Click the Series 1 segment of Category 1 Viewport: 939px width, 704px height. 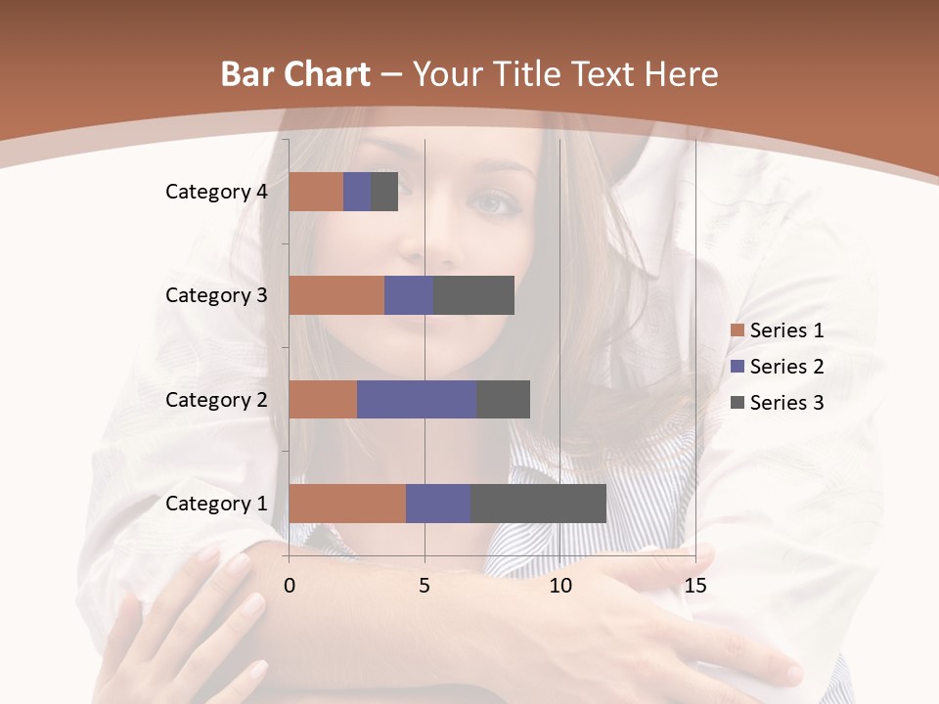point(347,504)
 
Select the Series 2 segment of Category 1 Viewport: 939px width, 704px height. point(438,504)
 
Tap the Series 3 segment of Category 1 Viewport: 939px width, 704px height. point(538,504)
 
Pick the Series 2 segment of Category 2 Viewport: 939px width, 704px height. point(417,399)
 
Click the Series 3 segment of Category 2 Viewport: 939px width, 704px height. point(503,399)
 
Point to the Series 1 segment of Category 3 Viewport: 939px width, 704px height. point(336,295)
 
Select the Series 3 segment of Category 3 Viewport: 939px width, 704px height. point(473,295)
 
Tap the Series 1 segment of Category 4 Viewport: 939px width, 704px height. point(316,192)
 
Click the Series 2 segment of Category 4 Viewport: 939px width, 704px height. point(357,192)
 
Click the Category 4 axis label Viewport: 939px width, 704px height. point(216,192)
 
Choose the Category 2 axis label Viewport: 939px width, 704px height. point(216,399)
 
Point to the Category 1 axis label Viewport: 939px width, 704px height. point(216,504)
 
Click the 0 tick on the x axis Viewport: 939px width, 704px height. point(290,586)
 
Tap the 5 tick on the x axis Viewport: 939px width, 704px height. point(425,586)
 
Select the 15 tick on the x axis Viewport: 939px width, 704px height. point(694,586)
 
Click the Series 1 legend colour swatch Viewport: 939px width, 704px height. point(737,331)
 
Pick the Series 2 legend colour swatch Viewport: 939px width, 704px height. point(737,367)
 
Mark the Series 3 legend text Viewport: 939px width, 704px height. point(786,402)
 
